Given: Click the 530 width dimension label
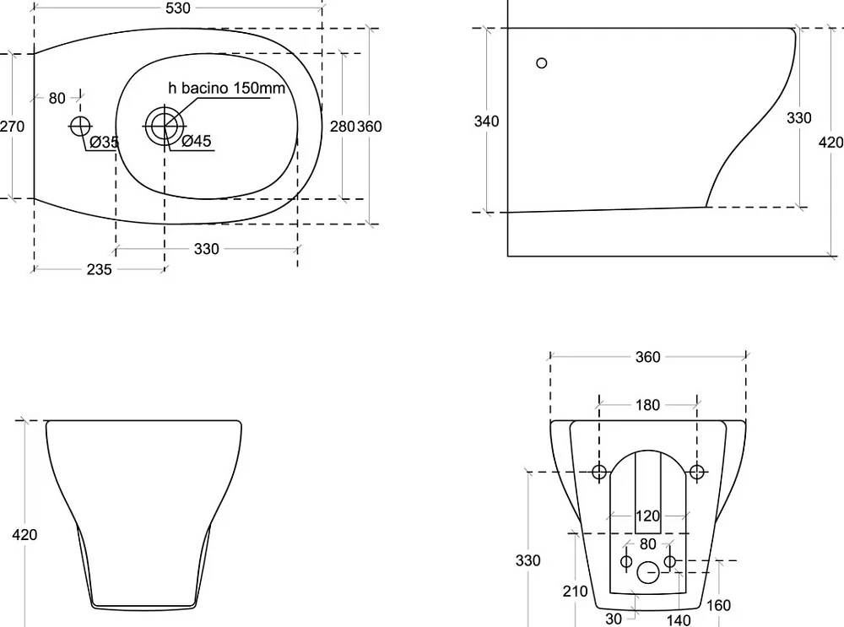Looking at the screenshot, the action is pyautogui.click(x=178, y=8).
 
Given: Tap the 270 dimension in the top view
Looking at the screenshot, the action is pyautogui.click(x=12, y=127).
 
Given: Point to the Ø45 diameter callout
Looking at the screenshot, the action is pyautogui.click(x=197, y=141).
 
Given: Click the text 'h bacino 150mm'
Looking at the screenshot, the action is pyautogui.click(x=226, y=88).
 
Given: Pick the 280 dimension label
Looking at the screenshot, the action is pyautogui.click(x=343, y=127).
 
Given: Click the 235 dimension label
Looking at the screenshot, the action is pyautogui.click(x=99, y=269).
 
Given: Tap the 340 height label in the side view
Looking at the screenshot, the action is pyautogui.click(x=487, y=121).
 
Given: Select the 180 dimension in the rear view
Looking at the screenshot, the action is pyautogui.click(x=647, y=405).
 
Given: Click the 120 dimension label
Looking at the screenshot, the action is pyautogui.click(x=647, y=516).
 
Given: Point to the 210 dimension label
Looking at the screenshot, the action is pyautogui.click(x=576, y=592).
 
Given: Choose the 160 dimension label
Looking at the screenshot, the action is pyautogui.click(x=718, y=605).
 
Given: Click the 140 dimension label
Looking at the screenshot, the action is pyautogui.click(x=679, y=620).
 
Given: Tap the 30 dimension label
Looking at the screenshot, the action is pyautogui.click(x=614, y=619).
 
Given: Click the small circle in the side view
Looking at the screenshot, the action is pyautogui.click(x=542, y=63).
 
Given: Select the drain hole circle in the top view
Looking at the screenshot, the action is pyautogui.click(x=165, y=126).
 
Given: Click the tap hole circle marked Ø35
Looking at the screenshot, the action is pyautogui.click(x=80, y=126).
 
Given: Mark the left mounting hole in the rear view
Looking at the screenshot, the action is pyautogui.click(x=599, y=472).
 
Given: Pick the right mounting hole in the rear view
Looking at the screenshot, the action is pyautogui.click(x=696, y=472).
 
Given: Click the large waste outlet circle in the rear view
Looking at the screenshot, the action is pyautogui.click(x=648, y=573).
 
